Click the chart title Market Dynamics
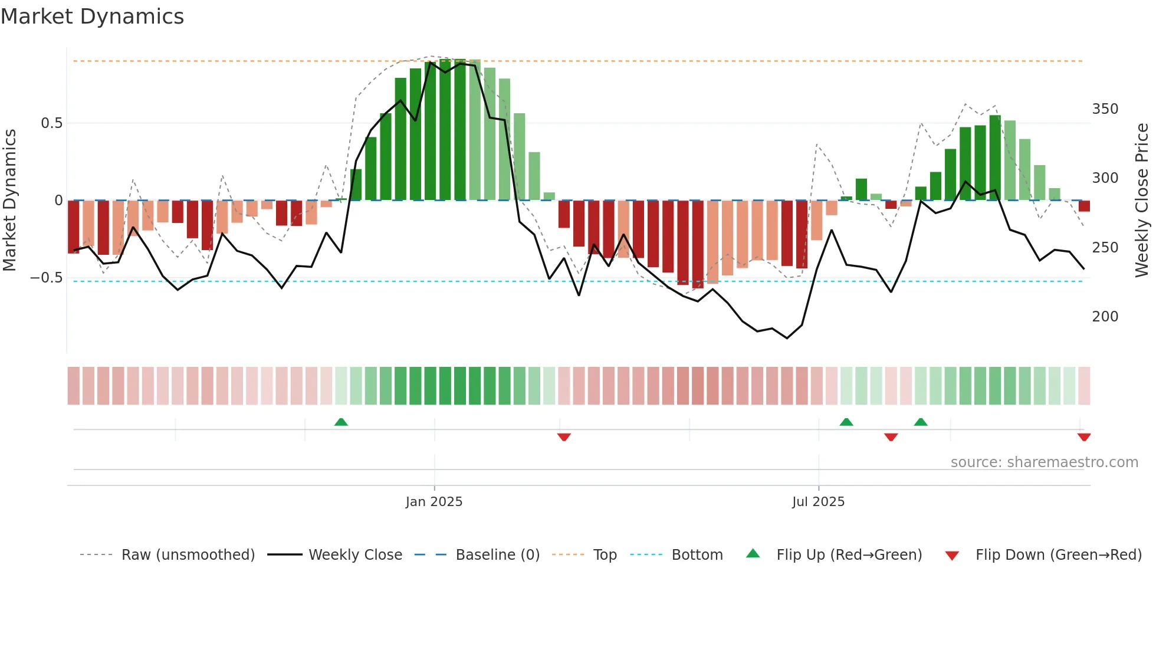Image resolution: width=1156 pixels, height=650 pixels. pos(92,17)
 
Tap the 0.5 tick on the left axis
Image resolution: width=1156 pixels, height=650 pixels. pos(51,123)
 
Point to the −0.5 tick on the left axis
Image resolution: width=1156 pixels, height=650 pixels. pos(47,278)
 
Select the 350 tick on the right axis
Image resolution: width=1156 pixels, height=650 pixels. pos(1105,109)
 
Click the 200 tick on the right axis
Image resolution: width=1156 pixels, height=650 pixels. pos(1105,317)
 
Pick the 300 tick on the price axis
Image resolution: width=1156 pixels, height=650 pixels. pos(1105,178)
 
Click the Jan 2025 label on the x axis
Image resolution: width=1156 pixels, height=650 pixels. pos(434,502)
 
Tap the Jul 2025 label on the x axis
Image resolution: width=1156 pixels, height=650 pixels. pos(818,502)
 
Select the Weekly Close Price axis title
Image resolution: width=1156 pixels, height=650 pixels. pos(1142,201)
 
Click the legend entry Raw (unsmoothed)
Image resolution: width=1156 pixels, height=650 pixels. pos(188,555)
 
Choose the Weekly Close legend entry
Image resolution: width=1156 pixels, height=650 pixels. pos(355,555)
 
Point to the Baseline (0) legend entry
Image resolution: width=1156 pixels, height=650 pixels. pos(497,555)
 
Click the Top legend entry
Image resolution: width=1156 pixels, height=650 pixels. pos(605,555)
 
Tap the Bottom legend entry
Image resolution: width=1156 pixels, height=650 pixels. pos(697,555)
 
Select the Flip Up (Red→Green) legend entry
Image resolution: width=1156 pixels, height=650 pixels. pos(849,555)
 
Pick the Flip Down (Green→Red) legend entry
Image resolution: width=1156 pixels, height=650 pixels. pos(1058,555)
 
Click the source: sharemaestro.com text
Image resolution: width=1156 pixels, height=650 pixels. pos(1044,462)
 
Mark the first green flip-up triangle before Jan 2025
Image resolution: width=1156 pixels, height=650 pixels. pos(341,422)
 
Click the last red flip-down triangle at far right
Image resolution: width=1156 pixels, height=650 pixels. pos(1083,437)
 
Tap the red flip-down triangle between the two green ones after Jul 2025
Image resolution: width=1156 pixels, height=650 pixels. pos(891,437)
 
